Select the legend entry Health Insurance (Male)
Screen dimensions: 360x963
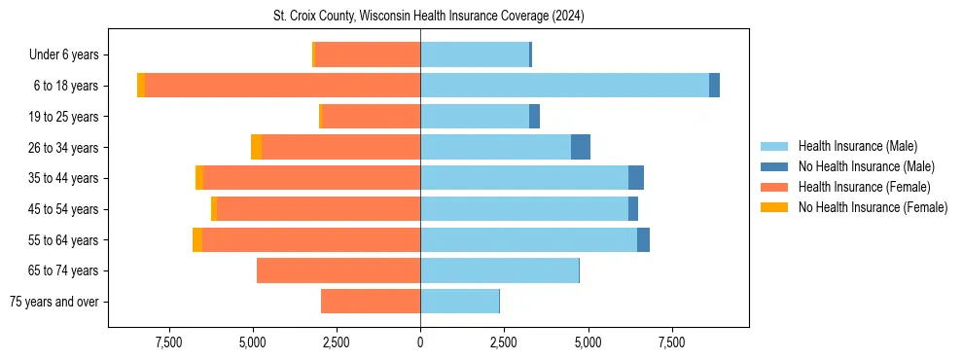[857, 146]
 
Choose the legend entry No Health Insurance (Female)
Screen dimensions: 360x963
[873, 207]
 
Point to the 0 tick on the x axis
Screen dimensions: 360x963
[420, 342]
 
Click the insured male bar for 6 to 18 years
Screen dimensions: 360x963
[564, 86]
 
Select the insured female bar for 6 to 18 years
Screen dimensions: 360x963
[282, 86]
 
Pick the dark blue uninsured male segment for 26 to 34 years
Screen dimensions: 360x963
[581, 147]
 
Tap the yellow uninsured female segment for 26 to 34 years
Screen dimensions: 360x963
[256, 147]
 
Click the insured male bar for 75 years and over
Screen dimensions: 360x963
[459, 302]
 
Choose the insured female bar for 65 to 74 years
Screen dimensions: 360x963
[339, 270]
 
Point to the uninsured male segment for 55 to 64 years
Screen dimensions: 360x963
[643, 239]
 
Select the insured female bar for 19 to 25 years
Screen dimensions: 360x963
[371, 117]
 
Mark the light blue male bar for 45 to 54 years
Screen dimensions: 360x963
[524, 209]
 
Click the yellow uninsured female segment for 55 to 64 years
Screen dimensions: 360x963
[197, 239]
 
